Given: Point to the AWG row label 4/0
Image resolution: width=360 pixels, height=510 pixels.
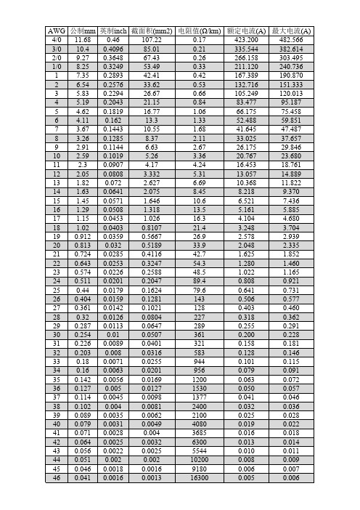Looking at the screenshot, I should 56,40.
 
